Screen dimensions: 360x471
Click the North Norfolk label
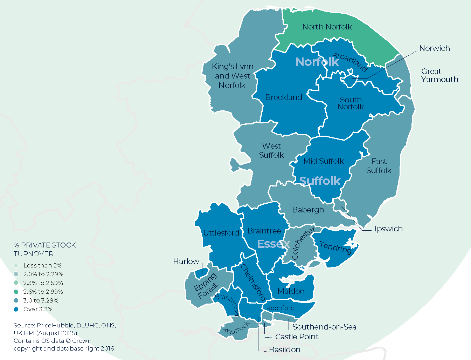click(327, 27)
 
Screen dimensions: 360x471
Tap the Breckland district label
click(284, 97)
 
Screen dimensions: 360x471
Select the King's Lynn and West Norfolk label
click(232, 76)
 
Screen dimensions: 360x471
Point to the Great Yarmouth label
click(439, 75)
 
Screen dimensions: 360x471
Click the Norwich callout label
click(435, 48)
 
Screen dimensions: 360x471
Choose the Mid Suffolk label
click(324, 161)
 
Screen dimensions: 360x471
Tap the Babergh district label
click(308, 210)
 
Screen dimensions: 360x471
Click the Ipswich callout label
click(388, 229)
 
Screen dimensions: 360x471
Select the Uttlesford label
click(221, 233)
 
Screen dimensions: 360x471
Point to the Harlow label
click(186, 261)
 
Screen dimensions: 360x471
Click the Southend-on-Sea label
click(324, 327)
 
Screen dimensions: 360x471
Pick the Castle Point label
click(297, 337)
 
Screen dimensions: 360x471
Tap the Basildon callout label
click(285, 350)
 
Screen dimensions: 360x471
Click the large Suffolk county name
click(320, 181)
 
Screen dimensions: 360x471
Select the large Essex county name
click(273, 244)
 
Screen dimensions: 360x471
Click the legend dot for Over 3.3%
click(16, 309)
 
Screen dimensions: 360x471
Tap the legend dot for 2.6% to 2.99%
click(16, 292)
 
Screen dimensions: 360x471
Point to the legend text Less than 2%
click(42, 266)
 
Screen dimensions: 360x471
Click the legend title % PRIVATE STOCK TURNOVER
click(44, 249)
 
